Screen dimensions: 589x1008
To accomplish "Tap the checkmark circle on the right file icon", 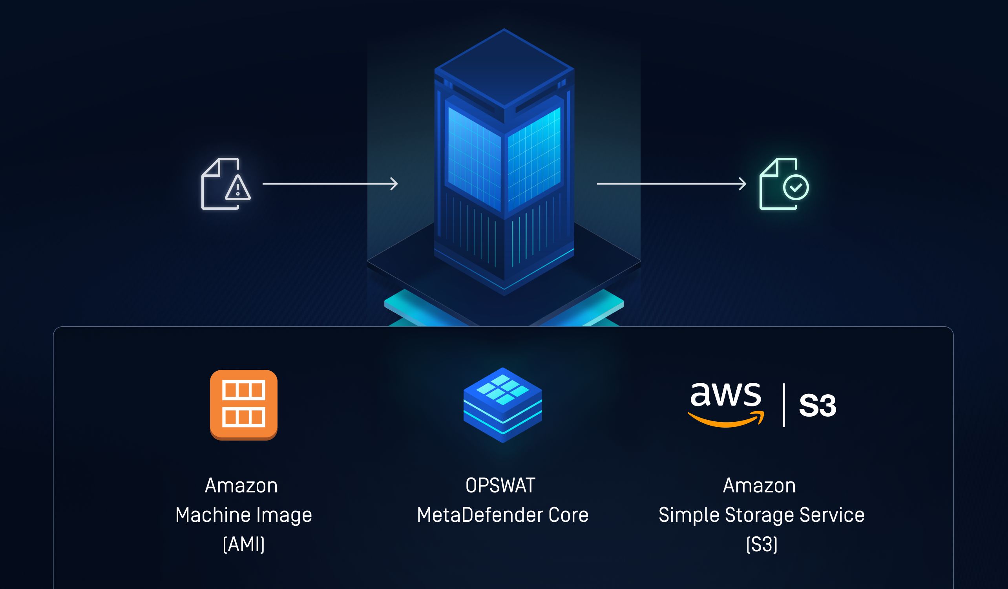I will coord(796,187).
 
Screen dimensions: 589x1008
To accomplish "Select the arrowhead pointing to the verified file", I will coord(743,184).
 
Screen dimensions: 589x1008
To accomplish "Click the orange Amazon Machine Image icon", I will coord(244,404).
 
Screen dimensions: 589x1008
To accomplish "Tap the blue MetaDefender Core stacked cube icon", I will coord(503,405).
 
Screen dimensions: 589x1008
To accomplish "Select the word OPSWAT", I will coord(500,486).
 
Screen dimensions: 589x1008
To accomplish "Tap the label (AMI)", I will coord(244,545).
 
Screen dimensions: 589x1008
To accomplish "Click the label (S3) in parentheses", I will coord(761,545).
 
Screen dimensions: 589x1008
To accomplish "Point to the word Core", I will coord(568,515).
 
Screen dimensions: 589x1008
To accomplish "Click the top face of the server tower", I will coord(504,68).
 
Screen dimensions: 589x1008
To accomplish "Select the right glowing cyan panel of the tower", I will coord(534,158).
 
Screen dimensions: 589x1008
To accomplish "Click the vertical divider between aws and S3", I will coord(783,405).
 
